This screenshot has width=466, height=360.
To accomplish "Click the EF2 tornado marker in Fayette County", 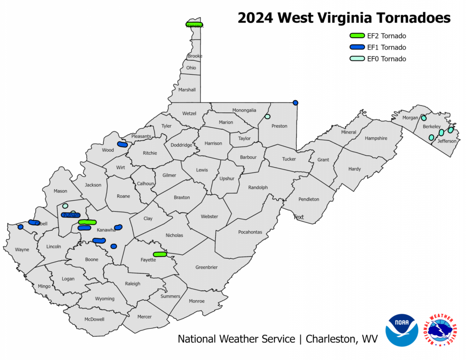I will [160, 254].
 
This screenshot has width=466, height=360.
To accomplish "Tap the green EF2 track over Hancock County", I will [194, 25].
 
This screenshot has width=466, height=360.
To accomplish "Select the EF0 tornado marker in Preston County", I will [267, 117].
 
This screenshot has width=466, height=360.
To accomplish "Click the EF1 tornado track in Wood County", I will [122, 144].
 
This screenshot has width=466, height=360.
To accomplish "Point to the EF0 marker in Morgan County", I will [424, 118].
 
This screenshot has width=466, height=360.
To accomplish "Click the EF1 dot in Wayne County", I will [20, 227].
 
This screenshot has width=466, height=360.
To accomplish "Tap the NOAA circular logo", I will [401, 330].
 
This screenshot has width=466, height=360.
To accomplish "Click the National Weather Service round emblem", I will [441, 330].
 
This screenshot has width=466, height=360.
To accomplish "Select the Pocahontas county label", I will [250, 232].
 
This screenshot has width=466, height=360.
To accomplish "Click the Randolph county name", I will [258, 188].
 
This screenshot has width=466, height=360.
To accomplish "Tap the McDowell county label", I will [94, 319].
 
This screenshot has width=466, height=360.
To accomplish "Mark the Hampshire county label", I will [375, 138].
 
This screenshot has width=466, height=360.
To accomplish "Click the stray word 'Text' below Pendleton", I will [299, 217].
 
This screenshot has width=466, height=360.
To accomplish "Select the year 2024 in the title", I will [256, 18].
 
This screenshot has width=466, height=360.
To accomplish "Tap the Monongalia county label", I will [244, 110].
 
